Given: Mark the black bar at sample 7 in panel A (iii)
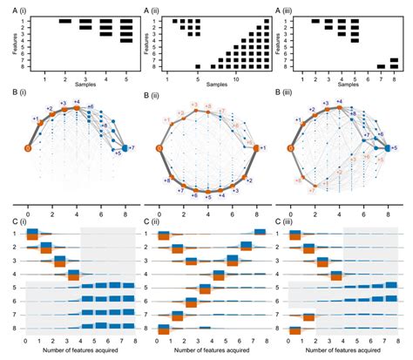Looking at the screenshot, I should point(381,66).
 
